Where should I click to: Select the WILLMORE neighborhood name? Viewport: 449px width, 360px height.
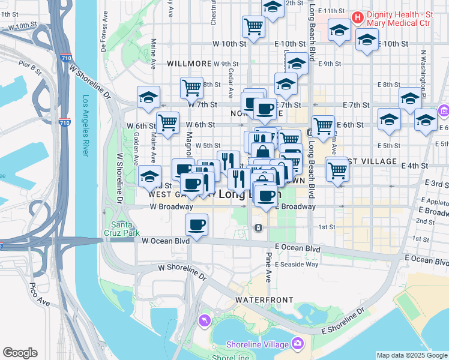(x=189, y=64)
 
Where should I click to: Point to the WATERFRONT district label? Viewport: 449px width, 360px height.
(x=264, y=299)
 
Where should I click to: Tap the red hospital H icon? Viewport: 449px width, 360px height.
(x=358, y=17)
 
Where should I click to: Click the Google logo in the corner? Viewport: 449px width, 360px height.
(x=20, y=353)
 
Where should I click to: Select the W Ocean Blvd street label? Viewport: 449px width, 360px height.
(x=165, y=241)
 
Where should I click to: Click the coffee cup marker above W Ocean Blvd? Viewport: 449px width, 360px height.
(x=196, y=225)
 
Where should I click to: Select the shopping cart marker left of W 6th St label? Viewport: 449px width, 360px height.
(x=168, y=122)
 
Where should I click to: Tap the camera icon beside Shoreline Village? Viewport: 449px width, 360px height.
(x=297, y=343)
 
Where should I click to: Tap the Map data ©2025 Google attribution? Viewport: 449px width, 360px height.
(x=412, y=355)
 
